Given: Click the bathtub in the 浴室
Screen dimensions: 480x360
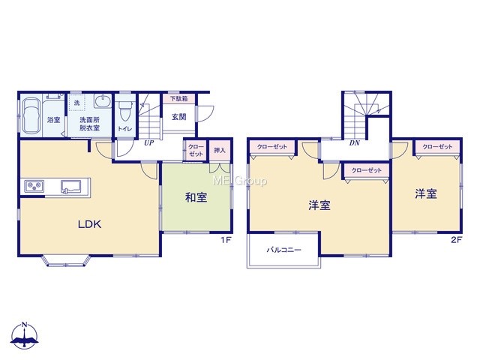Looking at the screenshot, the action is (31, 115).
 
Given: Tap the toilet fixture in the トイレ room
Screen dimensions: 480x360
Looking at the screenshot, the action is (125, 111).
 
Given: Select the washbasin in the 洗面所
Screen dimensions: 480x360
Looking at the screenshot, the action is (103, 101).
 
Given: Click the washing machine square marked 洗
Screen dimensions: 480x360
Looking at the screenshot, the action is (76, 103).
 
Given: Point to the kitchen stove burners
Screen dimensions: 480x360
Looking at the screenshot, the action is (34, 187).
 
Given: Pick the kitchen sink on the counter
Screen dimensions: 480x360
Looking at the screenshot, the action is (71, 187).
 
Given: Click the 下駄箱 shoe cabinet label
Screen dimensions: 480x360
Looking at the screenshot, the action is (178, 98).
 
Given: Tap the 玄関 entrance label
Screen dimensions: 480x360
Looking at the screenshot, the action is (178, 117).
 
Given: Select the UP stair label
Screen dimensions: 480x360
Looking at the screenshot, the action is (149, 143).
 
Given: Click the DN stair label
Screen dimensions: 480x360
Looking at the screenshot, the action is (355, 143).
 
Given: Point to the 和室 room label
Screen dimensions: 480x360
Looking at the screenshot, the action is (196, 197).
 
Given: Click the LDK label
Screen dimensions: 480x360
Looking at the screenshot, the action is (89, 224).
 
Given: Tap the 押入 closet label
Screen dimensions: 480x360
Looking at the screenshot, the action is (220, 150).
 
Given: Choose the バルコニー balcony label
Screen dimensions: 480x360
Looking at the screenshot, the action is (283, 250).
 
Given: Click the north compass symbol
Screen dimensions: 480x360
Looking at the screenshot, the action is (25, 336).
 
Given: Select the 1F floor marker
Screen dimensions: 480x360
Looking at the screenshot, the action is (226, 240).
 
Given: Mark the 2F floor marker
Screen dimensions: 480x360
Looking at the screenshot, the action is (456, 240).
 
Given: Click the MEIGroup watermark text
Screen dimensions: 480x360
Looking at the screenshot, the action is (240, 181).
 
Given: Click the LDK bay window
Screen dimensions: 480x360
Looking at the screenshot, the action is (67, 260).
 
